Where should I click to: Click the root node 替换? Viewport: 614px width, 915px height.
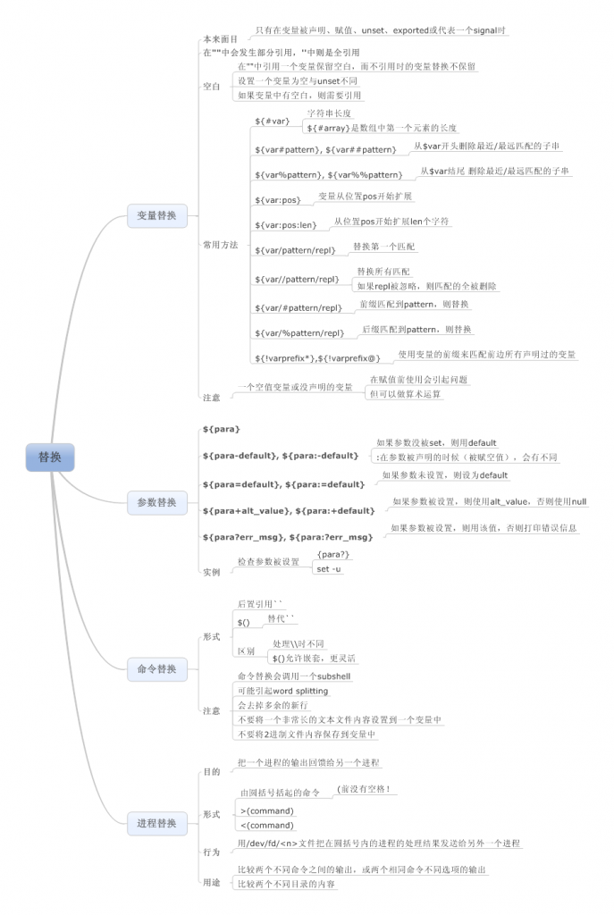pos(50,457)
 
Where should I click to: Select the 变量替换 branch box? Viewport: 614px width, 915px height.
pos(156,215)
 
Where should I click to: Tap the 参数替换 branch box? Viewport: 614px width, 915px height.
pos(156,503)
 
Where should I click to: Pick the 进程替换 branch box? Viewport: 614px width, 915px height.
pos(156,822)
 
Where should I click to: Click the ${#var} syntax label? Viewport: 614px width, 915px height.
pos(272,121)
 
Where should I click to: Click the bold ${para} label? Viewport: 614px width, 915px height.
pos(222,430)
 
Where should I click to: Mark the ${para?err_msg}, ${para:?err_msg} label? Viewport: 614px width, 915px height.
pos(287,537)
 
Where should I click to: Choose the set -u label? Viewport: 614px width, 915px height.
pos(329,569)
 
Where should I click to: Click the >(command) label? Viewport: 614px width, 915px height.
pos(267,810)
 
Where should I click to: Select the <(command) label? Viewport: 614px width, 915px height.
pos(267,825)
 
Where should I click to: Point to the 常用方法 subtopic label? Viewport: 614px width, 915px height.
pos(221,244)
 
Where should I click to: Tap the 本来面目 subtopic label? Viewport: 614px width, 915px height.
pos(221,39)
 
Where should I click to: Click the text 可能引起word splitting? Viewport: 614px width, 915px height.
pos(282,691)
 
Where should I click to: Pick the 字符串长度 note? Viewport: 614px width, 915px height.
pos(330,113)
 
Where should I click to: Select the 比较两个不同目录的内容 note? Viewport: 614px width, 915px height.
pos(286,884)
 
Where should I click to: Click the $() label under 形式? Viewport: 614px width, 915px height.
pos(244,621)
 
